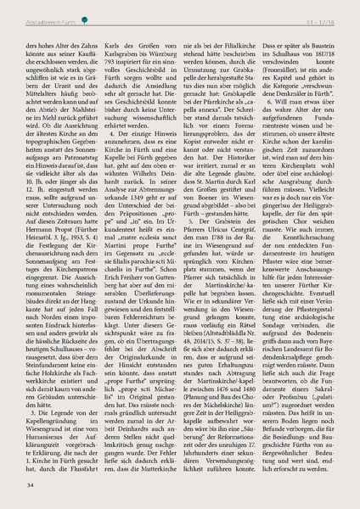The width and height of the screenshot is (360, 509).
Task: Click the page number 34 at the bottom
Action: [x=31, y=485]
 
